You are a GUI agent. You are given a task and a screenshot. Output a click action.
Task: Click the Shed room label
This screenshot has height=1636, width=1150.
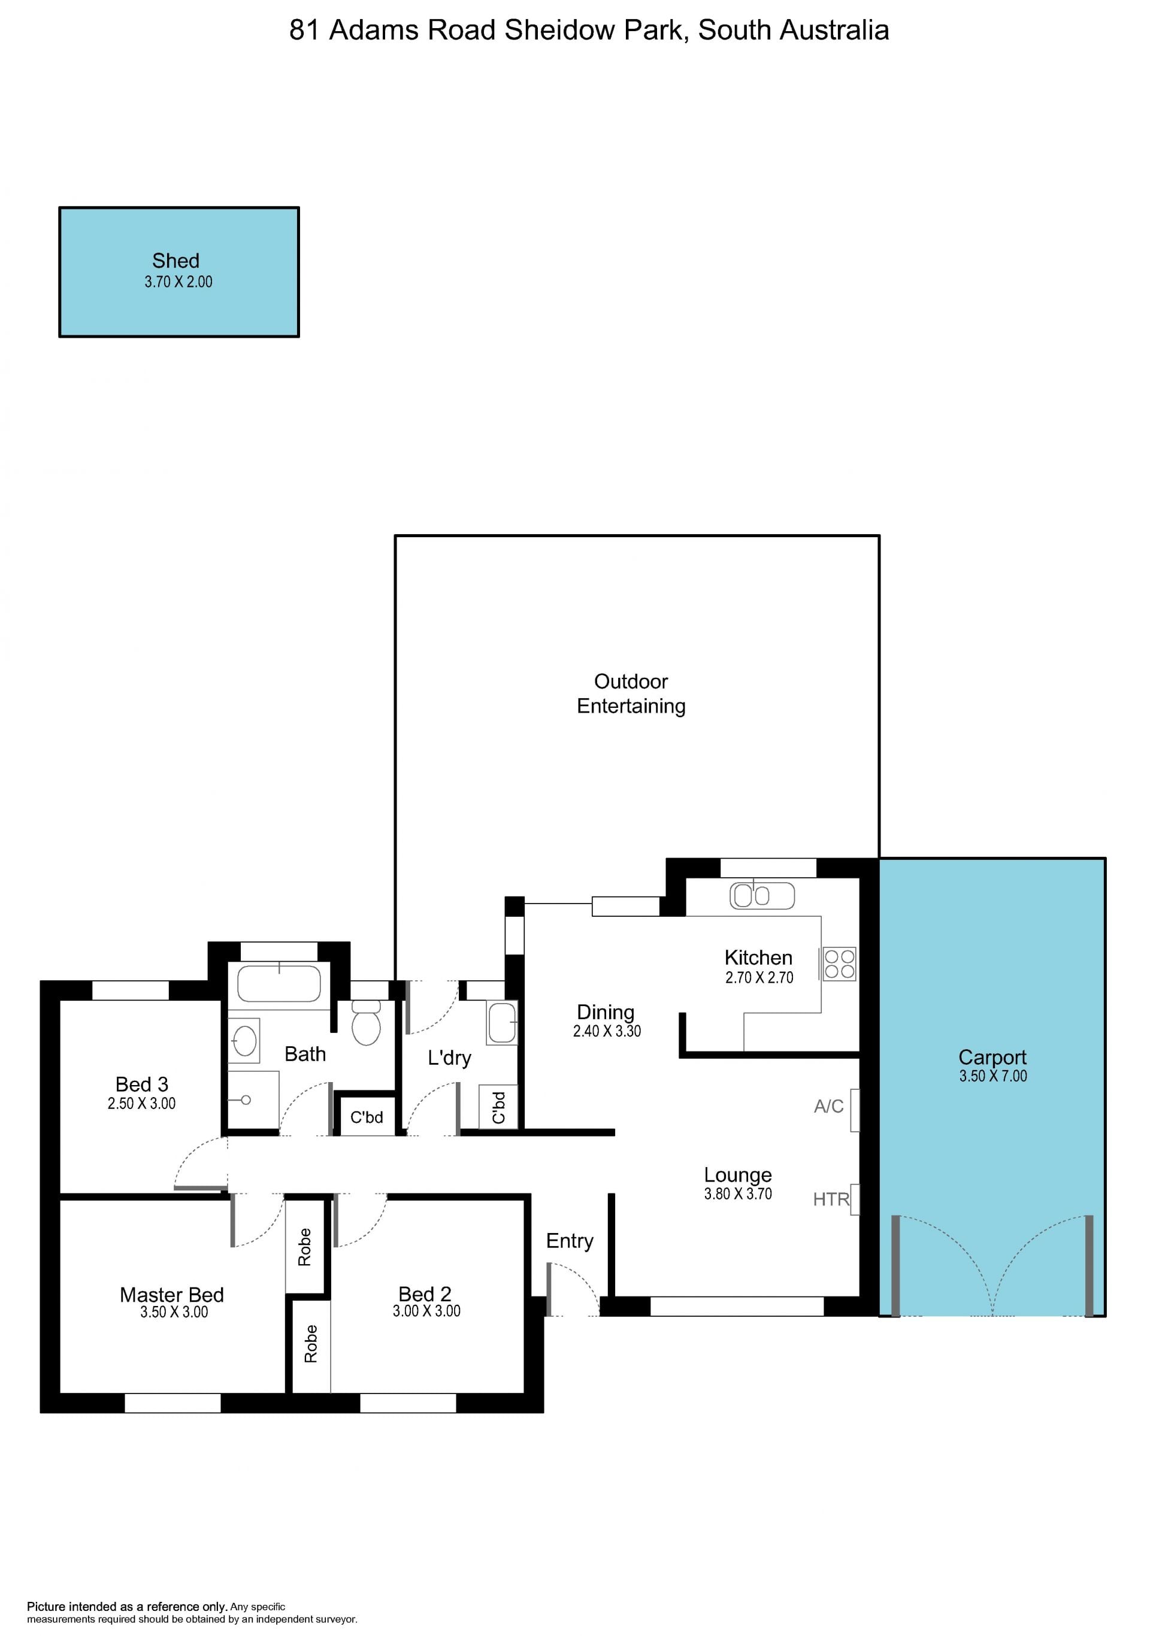pyautogui.click(x=175, y=261)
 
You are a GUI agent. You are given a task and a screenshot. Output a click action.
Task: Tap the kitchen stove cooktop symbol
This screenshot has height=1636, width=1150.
pyautogui.click(x=839, y=964)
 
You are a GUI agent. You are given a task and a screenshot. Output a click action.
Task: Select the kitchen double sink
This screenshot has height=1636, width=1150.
pyautogui.click(x=762, y=896)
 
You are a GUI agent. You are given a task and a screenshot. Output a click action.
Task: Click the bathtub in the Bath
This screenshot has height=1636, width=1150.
pyautogui.click(x=279, y=983)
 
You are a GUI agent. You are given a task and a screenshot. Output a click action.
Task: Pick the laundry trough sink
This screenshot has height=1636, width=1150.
pyautogui.click(x=501, y=1023)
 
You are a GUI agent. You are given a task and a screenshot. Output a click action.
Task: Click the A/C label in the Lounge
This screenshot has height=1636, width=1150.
pyautogui.click(x=828, y=1107)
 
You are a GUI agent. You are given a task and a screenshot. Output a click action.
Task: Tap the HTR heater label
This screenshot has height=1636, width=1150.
pyautogui.click(x=831, y=1199)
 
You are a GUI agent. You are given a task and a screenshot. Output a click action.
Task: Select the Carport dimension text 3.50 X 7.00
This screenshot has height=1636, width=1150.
pyautogui.click(x=992, y=1076)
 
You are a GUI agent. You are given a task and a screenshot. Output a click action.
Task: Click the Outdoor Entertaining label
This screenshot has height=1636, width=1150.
pyautogui.click(x=631, y=693)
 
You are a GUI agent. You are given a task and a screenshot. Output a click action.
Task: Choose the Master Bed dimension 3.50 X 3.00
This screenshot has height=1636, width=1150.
pyautogui.click(x=174, y=1312)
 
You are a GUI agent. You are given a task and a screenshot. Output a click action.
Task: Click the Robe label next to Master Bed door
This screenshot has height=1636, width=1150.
pyautogui.click(x=305, y=1247)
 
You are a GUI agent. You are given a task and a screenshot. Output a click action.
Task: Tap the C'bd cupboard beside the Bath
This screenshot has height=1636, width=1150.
pyautogui.click(x=366, y=1117)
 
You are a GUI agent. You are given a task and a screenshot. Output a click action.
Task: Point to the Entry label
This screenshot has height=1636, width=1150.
pyautogui.click(x=569, y=1241)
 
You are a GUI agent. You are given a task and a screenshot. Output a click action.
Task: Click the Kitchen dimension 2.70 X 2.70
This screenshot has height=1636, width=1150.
pyautogui.click(x=759, y=978)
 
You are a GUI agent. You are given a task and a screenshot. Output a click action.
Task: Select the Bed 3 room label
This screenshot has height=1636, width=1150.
pyautogui.click(x=142, y=1084)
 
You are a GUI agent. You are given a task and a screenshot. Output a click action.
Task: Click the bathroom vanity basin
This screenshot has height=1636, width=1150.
pyautogui.click(x=244, y=1041)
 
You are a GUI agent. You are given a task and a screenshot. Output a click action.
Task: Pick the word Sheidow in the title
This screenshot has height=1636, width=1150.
pyautogui.click(x=561, y=30)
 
